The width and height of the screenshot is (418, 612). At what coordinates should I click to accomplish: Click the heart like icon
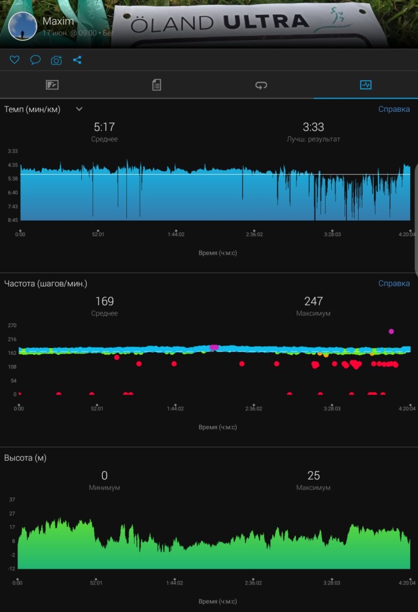[14, 60]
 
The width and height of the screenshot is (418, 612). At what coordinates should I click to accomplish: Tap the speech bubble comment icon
[35, 60]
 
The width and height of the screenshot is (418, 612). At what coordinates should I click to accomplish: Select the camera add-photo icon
[56, 60]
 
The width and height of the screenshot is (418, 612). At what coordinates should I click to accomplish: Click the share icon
[77, 60]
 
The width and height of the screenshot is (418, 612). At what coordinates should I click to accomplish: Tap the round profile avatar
[23, 26]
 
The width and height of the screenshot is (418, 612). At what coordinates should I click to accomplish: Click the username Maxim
[57, 21]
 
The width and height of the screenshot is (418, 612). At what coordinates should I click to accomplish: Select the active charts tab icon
[365, 85]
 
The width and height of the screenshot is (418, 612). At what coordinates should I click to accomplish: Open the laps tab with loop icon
[261, 85]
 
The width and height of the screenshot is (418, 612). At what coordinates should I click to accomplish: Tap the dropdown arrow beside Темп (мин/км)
[79, 109]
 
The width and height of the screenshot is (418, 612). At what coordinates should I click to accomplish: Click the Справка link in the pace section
[394, 109]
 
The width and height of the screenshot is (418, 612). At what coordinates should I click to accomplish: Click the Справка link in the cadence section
[394, 283]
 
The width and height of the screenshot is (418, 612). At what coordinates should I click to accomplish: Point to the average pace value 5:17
[105, 127]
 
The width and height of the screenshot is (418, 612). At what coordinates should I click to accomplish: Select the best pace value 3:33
[313, 127]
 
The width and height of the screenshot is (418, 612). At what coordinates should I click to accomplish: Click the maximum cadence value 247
[313, 301]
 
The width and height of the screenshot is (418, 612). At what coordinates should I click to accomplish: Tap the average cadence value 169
[105, 301]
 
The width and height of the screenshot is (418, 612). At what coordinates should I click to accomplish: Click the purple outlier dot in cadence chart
[392, 331]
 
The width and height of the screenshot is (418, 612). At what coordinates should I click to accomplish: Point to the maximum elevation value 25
[313, 476]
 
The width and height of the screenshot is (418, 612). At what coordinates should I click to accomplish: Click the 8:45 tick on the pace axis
[13, 220]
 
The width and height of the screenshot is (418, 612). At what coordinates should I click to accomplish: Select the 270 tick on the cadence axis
[12, 325]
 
